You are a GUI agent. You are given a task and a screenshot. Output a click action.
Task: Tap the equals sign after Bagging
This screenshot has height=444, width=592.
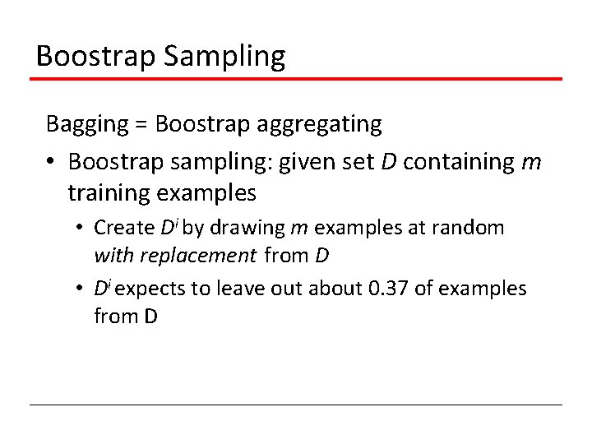141,125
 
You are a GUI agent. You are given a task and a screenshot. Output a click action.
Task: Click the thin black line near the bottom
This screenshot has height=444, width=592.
296,405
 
